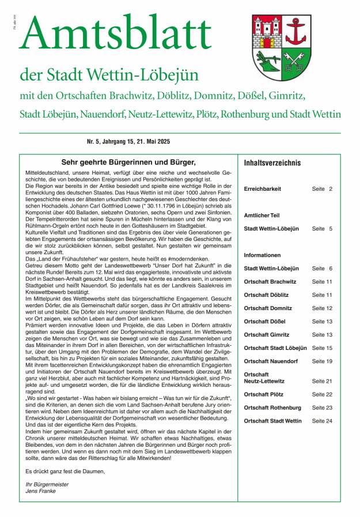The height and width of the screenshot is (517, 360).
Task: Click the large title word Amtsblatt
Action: pyautogui.click(x=115, y=34)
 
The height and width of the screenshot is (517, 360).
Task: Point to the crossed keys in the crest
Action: pyautogui.click(x=297, y=62)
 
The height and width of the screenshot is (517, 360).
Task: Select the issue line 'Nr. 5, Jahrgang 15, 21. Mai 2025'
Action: pyautogui.click(x=135, y=141)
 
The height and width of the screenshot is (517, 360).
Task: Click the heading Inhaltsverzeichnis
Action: pyautogui.click(x=272, y=163)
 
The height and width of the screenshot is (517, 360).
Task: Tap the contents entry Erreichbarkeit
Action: pyautogui.click(x=263, y=189)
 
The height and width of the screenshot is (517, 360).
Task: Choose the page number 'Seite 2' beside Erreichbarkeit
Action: pyautogui.click(x=323, y=189)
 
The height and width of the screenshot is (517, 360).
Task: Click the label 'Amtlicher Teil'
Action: pyautogui.click(x=262, y=215)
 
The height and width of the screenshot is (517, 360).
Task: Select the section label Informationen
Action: pyautogui.click(x=262, y=255)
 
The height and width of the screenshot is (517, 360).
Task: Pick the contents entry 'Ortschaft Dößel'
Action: pyautogui.click(x=264, y=321)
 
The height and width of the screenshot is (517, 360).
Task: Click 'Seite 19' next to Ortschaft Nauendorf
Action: pyautogui.click(x=323, y=361)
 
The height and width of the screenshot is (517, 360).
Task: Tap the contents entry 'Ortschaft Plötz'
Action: pyautogui.click(x=264, y=394)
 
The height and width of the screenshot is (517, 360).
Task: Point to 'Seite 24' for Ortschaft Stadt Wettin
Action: pyautogui.click(x=323, y=421)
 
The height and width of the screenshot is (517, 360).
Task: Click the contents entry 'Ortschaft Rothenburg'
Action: pyautogui.click(x=272, y=407)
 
